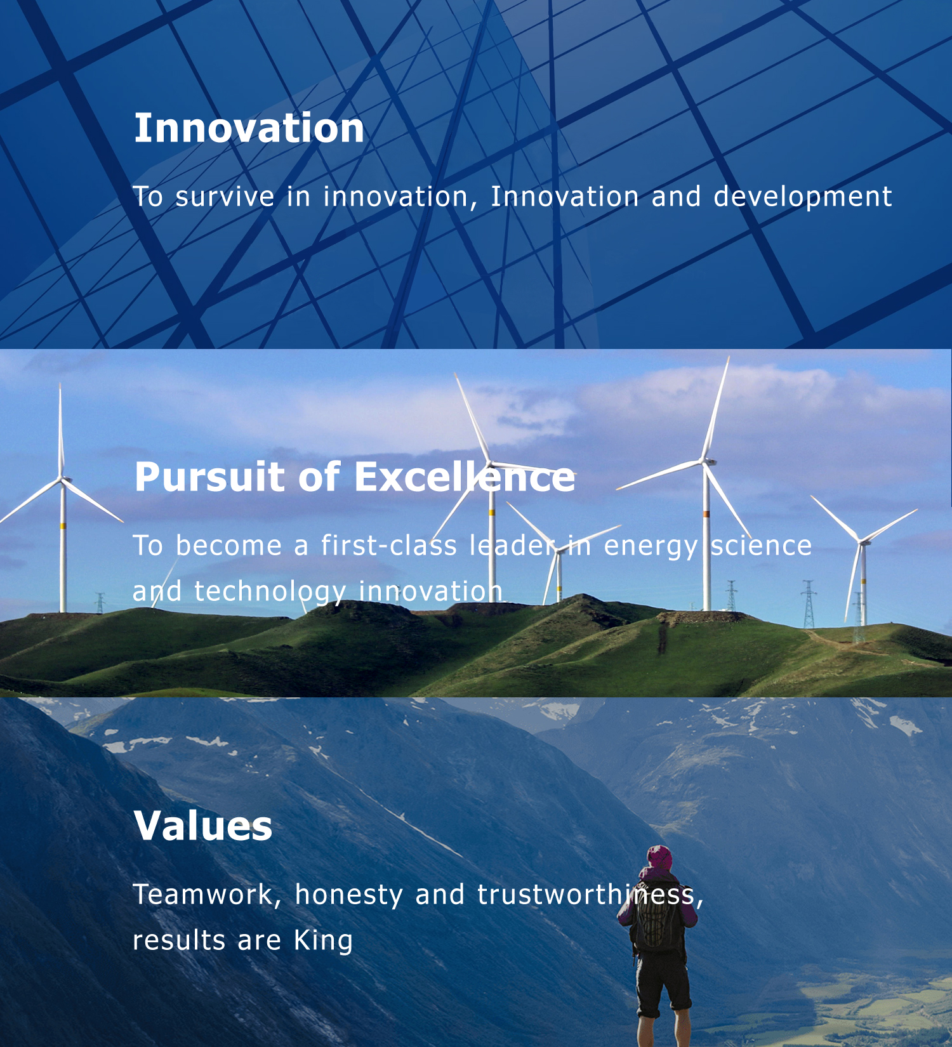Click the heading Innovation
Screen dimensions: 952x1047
(x=249, y=128)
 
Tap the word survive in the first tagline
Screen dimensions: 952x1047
(x=225, y=197)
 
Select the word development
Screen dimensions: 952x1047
(x=803, y=197)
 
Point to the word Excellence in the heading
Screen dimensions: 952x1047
(x=465, y=477)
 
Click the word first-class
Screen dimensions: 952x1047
(x=388, y=546)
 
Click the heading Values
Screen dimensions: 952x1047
(x=203, y=826)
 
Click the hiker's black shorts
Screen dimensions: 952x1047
(x=663, y=984)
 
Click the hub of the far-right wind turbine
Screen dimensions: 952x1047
(x=862, y=541)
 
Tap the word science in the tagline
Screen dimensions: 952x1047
(x=761, y=546)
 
